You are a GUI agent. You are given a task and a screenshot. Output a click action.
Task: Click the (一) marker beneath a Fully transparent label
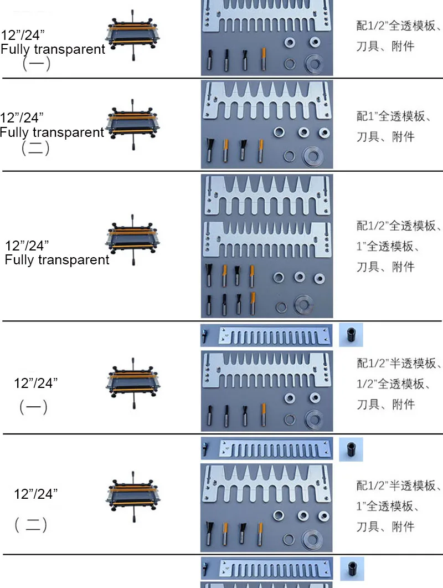pyautogui.click(x=36, y=64)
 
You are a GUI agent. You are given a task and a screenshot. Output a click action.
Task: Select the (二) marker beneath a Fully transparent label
pyautogui.click(x=35, y=149)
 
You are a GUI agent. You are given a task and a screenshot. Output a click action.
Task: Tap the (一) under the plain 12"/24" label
pyautogui.click(x=33, y=408)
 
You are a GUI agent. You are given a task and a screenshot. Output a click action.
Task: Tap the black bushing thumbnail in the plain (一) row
pyautogui.click(x=351, y=335)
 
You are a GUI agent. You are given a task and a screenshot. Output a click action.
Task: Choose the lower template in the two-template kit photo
pyautogui.click(x=266, y=239)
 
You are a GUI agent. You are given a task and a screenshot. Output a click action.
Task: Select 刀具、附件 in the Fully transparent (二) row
pyautogui.click(x=385, y=136)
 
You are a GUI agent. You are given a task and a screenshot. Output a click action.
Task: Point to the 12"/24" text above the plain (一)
pyautogui.click(x=36, y=383)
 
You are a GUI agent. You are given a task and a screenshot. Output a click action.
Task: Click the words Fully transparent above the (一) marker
pyautogui.click(x=53, y=49)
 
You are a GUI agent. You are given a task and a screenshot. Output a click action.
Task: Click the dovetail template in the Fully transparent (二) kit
pyautogui.click(x=266, y=102)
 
